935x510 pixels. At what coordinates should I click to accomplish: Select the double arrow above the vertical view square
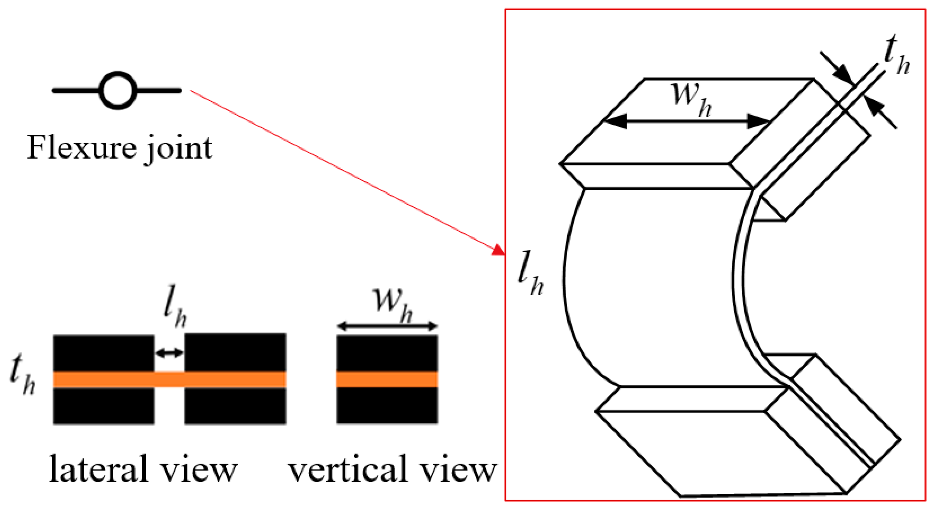[387, 326]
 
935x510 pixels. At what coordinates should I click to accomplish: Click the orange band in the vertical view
[387, 380]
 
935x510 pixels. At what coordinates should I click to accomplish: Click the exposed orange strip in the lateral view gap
[169, 380]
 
